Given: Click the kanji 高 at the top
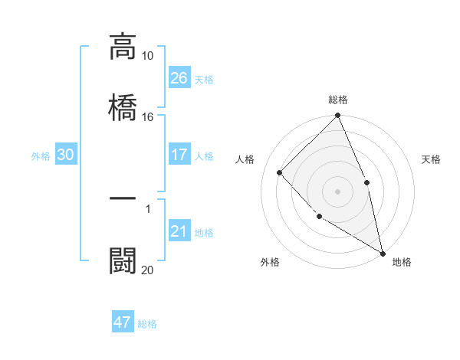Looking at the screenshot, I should (x=123, y=47).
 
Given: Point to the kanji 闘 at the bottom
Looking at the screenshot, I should (x=123, y=260).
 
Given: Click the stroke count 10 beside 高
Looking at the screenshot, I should (x=148, y=56).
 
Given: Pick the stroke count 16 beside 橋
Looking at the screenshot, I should (x=148, y=117).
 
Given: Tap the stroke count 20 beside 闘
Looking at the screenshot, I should (x=148, y=270).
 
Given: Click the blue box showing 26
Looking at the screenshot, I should (x=179, y=78).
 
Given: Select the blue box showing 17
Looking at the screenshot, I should (x=179, y=155).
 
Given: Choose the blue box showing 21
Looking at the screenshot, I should (x=179, y=231).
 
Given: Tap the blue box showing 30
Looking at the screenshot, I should (x=66, y=155).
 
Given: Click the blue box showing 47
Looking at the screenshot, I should (x=123, y=322).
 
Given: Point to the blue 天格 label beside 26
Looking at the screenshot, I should (x=204, y=79).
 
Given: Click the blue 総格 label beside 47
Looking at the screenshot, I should (x=147, y=323).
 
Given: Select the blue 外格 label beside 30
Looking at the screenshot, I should (x=41, y=155).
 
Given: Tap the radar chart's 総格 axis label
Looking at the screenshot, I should (x=338, y=100).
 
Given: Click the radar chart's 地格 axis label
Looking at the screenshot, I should (x=402, y=262).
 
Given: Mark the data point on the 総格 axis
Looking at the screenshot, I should (x=338, y=116).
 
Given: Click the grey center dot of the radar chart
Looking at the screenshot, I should (x=338, y=191).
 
